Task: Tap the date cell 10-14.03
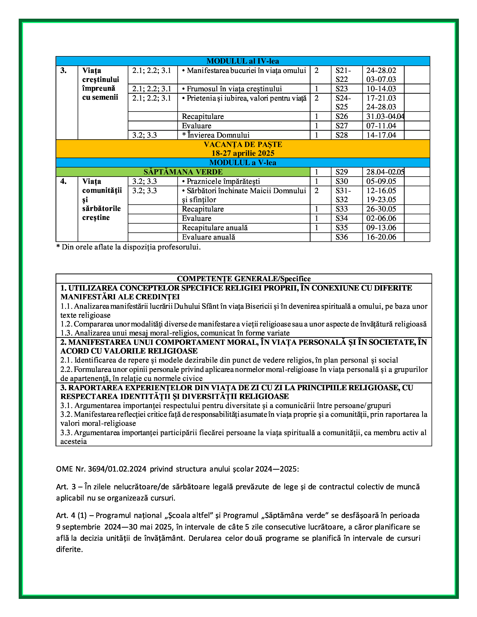coord(381,89)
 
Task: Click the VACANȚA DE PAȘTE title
coord(243,144)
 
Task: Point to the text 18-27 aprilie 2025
coord(243,153)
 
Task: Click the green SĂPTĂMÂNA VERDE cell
coord(183,172)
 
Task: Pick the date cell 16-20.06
coord(381,237)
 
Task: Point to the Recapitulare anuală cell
coord(215,228)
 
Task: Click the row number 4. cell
coord(64,181)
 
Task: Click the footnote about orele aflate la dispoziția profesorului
coord(128,247)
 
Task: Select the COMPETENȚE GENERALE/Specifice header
coord(244,279)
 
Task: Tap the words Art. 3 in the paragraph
coord(66,487)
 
